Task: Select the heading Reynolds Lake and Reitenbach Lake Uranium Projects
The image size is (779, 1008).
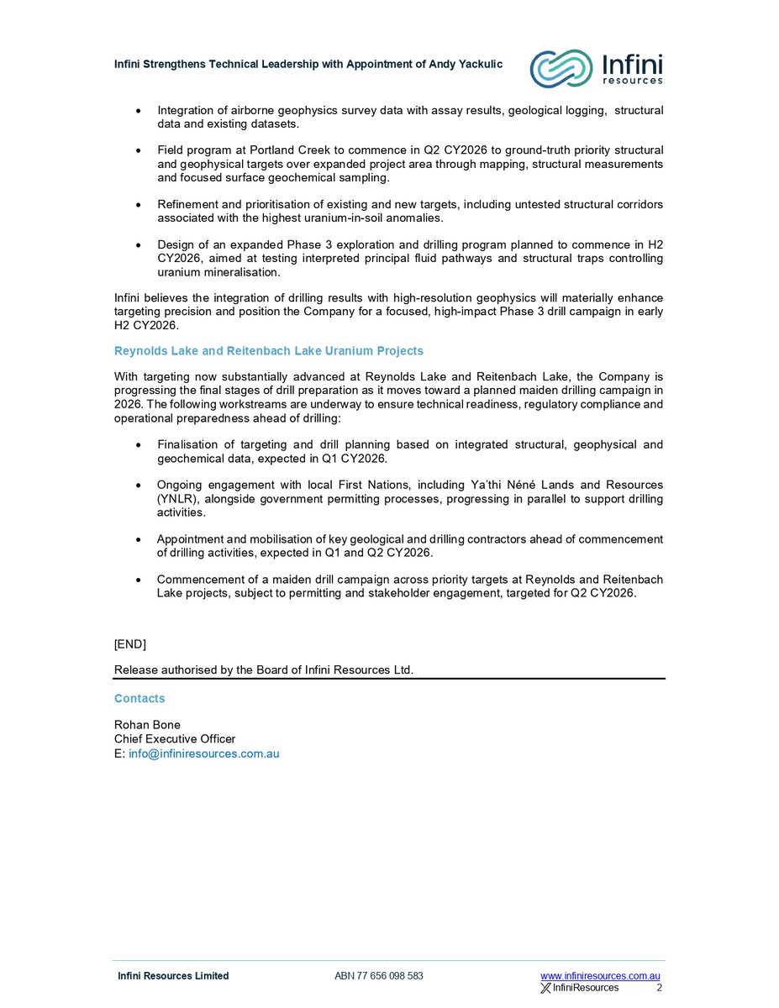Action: [x=269, y=351]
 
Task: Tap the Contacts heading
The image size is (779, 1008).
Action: [x=139, y=698]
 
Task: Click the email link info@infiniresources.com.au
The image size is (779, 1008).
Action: [x=203, y=753]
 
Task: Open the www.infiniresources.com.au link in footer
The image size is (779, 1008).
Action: [x=600, y=975]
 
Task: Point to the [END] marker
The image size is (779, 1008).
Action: [x=130, y=643]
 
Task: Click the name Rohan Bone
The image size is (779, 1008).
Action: [x=147, y=725]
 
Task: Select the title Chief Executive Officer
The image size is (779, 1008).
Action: [x=175, y=739]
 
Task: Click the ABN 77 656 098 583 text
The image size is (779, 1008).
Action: [x=378, y=975]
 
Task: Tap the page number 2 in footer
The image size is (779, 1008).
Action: [x=659, y=988]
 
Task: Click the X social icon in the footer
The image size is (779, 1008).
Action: [x=545, y=988]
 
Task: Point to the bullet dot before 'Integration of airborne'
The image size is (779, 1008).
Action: [x=139, y=111]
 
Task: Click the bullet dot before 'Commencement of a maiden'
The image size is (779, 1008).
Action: [x=139, y=580]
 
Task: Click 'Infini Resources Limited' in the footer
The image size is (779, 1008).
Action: [x=173, y=975]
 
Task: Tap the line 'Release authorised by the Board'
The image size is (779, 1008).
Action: [x=264, y=669]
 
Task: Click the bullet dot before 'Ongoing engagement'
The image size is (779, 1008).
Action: [x=139, y=486]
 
